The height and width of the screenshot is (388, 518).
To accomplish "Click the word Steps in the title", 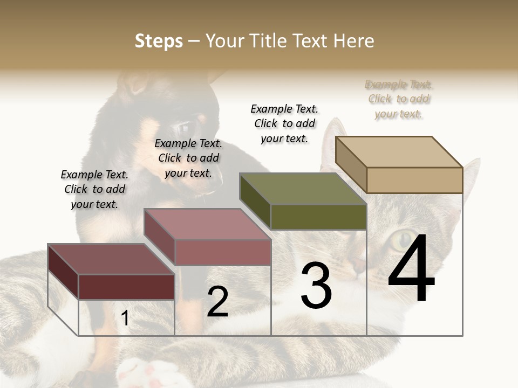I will tap(159, 41).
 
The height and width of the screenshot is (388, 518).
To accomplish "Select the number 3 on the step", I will tap(316, 285).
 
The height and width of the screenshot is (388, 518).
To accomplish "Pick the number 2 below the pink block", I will tap(217, 302).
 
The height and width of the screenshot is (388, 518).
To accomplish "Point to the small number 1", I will tap(125, 318).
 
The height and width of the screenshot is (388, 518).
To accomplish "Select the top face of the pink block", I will tap(207, 224).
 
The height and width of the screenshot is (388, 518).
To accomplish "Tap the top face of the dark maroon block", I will tap(111, 259).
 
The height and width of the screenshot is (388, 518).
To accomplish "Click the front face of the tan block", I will tap(414, 180).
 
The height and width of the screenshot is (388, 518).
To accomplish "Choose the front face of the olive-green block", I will tap(318, 217).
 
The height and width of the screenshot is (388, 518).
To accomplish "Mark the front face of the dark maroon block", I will tap(126, 287).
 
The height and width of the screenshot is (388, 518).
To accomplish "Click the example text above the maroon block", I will tap(94, 190).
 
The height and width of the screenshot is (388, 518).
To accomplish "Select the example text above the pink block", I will tap(188, 158).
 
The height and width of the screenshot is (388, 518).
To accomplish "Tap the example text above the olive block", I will tap(284, 123).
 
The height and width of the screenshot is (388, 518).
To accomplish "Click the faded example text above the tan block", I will tap(399, 99).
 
